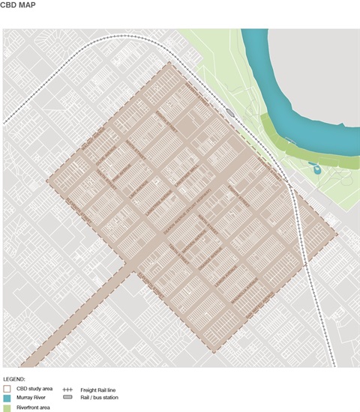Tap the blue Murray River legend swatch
tap(7, 399)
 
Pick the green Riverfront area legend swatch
tap(7, 408)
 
